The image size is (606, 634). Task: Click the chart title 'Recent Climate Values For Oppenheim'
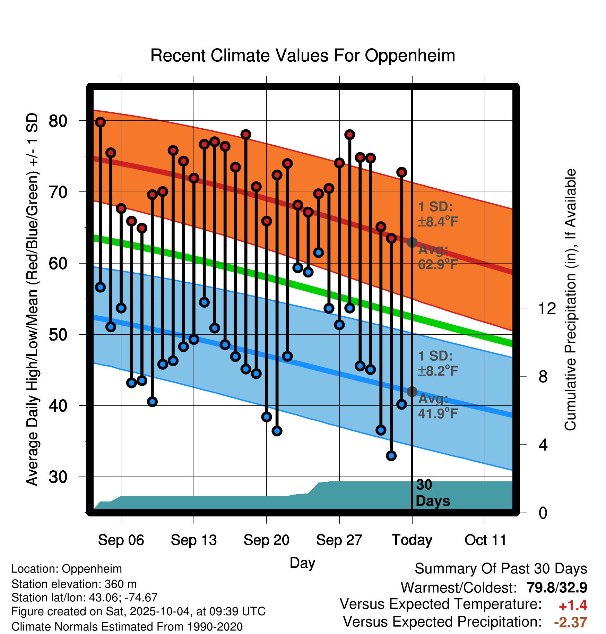pyautogui.click(x=303, y=55)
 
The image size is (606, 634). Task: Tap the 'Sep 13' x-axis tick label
pyautogui.click(x=193, y=540)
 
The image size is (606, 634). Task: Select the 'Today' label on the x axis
pyautogui.click(x=412, y=540)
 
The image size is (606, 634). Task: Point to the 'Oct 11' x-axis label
pyautogui.click(x=485, y=540)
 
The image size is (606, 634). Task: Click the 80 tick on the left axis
pyautogui.click(x=58, y=121)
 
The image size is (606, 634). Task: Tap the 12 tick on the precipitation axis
pyautogui.click(x=547, y=308)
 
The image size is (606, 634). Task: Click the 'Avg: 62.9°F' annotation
pyautogui.click(x=438, y=257)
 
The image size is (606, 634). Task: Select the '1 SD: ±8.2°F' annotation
pyautogui.click(x=438, y=363)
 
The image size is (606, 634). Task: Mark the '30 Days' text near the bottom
pyautogui.click(x=432, y=493)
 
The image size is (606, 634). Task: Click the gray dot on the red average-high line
pyautogui.click(x=412, y=242)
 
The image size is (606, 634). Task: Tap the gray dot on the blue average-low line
pyautogui.click(x=412, y=392)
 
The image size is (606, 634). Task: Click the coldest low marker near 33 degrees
pyautogui.click(x=391, y=456)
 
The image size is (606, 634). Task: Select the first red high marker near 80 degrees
pyautogui.click(x=101, y=122)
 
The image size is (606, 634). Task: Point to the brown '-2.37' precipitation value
pyautogui.click(x=570, y=622)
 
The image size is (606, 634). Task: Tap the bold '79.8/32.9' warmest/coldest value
pyautogui.click(x=557, y=588)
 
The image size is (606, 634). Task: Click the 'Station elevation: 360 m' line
pyautogui.click(x=74, y=584)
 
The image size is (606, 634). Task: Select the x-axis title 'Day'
pyautogui.click(x=302, y=563)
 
